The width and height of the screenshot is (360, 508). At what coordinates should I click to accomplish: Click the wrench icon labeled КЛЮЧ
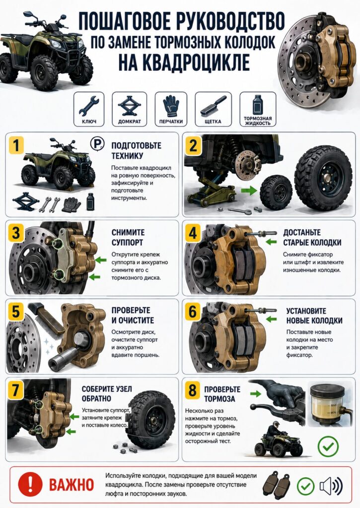click(88, 107)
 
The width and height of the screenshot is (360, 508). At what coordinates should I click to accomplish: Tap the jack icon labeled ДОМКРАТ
click(130, 106)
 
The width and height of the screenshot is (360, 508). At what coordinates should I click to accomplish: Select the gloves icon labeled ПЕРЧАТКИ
click(171, 106)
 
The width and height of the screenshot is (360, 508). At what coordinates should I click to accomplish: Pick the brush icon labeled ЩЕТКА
click(213, 107)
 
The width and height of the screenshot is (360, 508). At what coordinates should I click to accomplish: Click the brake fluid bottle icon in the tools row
click(258, 105)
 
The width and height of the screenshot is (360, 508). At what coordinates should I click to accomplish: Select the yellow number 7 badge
click(15, 390)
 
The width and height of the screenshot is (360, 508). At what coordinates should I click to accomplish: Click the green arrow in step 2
click(248, 190)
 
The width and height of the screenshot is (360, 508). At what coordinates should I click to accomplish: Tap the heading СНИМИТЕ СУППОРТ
click(128, 238)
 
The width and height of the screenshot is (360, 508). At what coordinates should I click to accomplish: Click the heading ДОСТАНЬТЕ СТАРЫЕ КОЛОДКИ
click(312, 238)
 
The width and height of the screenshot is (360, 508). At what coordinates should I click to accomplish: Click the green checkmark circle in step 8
click(328, 447)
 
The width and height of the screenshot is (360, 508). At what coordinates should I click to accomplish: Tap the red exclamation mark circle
click(30, 484)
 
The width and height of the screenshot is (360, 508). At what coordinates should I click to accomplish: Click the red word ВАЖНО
click(72, 485)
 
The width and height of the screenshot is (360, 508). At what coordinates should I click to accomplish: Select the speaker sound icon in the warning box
click(331, 486)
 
